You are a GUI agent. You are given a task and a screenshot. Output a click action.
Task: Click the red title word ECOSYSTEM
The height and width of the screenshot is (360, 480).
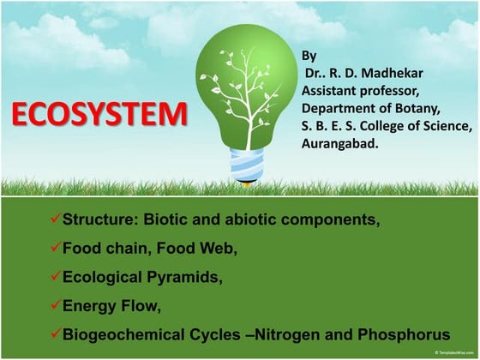[x=100, y=114]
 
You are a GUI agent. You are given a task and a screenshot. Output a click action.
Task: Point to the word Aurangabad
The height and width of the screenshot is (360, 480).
[x=340, y=144]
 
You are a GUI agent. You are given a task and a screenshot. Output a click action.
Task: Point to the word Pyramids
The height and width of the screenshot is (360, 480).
[x=185, y=277]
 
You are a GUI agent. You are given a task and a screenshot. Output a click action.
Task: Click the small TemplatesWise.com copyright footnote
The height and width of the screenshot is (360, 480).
[x=453, y=353]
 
